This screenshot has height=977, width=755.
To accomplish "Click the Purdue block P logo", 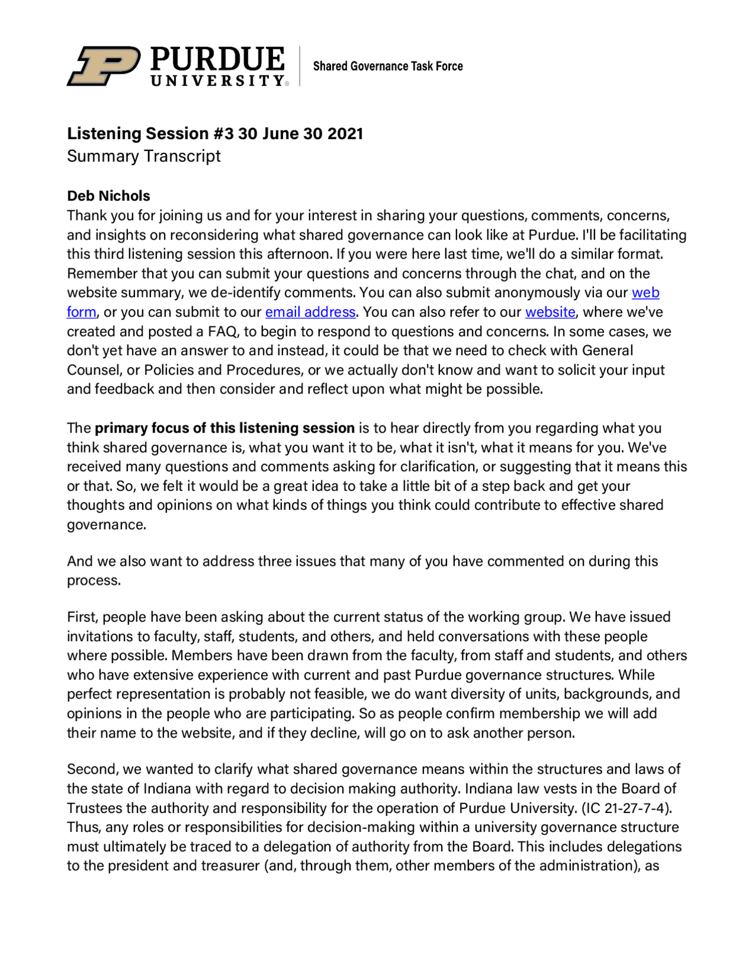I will pyautogui.click(x=103, y=66).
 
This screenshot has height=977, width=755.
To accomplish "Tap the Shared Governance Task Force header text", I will pyautogui.click(x=388, y=66).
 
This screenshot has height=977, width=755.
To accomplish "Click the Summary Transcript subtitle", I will pyautogui.click(x=143, y=156).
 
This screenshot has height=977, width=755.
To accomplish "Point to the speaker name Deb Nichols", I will pyautogui.click(x=109, y=196).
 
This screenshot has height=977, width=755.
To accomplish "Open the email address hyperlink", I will pyautogui.click(x=310, y=312).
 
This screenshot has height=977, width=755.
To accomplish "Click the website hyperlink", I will pyautogui.click(x=550, y=312).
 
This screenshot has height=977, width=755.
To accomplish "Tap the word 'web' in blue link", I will pyautogui.click(x=645, y=293).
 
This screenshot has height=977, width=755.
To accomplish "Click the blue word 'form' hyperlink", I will pyautogui.click(x=81, y=312).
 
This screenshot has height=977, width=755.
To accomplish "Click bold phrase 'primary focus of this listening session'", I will pyautogui.click(x=225, y=428).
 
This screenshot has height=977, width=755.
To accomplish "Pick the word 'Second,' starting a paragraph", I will pyautogui.click(x=93, y=769).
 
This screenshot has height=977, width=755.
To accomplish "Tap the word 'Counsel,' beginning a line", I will pyautogui.click(x=93, y=370).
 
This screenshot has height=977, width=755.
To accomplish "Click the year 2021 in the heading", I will pyautogui.click(x=345, y=133).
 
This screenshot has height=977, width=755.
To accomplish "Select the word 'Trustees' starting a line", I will pyautogui.click(x=95, y=808).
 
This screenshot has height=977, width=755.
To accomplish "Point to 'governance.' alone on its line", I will pyautogui.click(x=106, y=524).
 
